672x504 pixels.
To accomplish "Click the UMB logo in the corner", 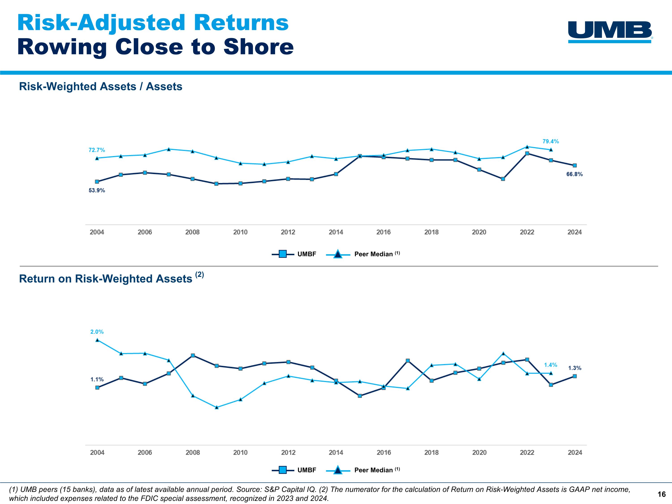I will coord(610,32).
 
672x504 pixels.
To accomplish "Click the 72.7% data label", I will coord(97,150).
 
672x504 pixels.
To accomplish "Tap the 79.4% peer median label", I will coord(551,141).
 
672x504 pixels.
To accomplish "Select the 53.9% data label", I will coord(97,190).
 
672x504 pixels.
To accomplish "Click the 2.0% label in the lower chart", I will coord(97,332).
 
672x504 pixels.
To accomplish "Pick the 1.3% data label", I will coord(575,368).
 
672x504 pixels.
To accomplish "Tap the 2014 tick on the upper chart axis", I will coord(336,232).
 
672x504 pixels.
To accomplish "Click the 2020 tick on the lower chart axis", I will coord(479,452).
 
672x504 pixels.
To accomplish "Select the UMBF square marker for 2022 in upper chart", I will coord(527,153).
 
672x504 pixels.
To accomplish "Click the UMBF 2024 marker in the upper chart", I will coord(575,166).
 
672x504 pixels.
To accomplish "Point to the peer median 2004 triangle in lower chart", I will coord(97,340).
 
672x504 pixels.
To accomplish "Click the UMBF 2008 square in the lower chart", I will coord(193,355).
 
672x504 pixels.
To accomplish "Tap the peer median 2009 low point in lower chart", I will coord(217,408).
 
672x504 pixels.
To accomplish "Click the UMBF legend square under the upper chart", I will coord(282,254).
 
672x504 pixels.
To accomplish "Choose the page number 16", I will coord(661,494).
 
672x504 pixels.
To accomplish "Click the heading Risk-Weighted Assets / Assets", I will coord(101,87).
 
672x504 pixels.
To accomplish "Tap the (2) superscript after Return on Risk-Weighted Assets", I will coord(199,275).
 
